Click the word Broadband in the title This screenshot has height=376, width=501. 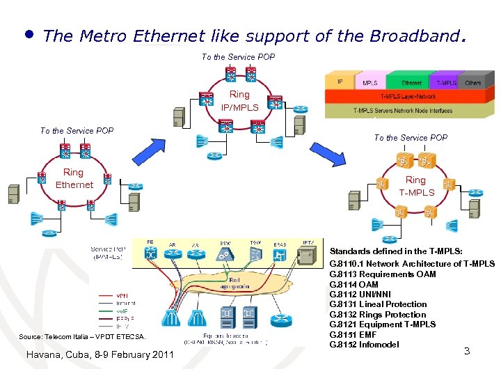[411, 36]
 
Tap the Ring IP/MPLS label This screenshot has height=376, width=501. [239, 101]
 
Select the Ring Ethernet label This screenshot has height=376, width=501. [74, 178]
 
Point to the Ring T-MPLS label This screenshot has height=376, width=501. [416, 186]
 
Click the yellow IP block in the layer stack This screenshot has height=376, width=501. [341, 82]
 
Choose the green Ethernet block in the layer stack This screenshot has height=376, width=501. [411, 82]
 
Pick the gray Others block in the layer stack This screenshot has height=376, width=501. [472, 82]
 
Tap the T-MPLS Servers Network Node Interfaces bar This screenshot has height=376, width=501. [402, 110]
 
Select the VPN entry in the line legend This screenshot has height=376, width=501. [122, 295]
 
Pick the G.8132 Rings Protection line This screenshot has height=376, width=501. [377, 315]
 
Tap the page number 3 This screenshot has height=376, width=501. [466, 351]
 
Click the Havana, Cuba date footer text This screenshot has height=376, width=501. [99, 355]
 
